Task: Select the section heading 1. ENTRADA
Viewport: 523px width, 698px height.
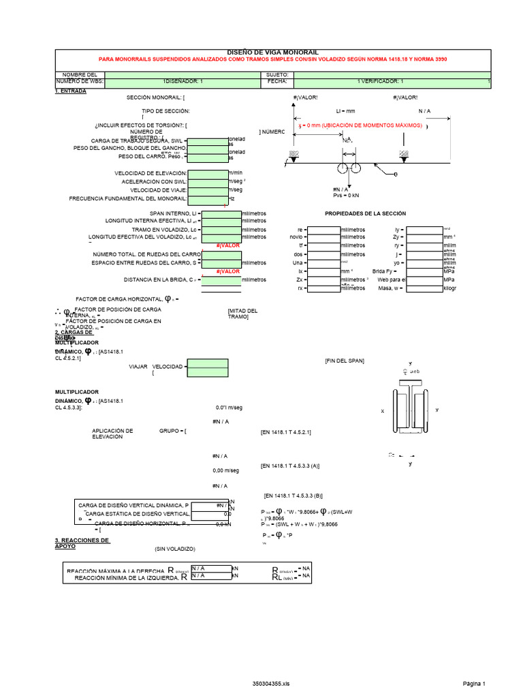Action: coord(70,91)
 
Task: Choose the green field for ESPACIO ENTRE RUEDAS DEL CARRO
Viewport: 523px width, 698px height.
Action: coord(222,262)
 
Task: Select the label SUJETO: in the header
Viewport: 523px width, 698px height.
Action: coord(277,74)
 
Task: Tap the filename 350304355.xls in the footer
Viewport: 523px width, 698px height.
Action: coord(271,683)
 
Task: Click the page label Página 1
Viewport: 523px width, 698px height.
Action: coord(474,683)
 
